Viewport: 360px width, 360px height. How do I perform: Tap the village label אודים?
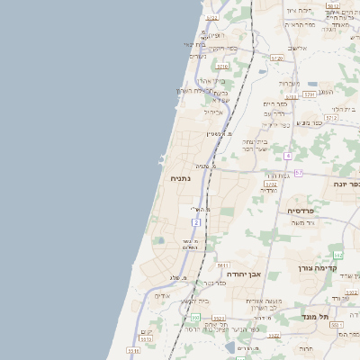point(162,295)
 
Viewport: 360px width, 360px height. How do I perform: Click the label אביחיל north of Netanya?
point(213,112)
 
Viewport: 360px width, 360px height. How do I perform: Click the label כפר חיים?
point(274,105)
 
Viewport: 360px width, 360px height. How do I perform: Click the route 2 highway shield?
point(195,221)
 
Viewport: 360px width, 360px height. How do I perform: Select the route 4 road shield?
point(288,157)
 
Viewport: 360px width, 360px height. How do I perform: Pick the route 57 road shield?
point(298,172)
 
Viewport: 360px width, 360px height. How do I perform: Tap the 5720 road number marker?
point(276,58)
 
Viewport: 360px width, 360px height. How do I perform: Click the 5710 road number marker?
point(309,94)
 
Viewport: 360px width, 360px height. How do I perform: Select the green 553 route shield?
point(193,318)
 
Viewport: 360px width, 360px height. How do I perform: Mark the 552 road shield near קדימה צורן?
point(338,256)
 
